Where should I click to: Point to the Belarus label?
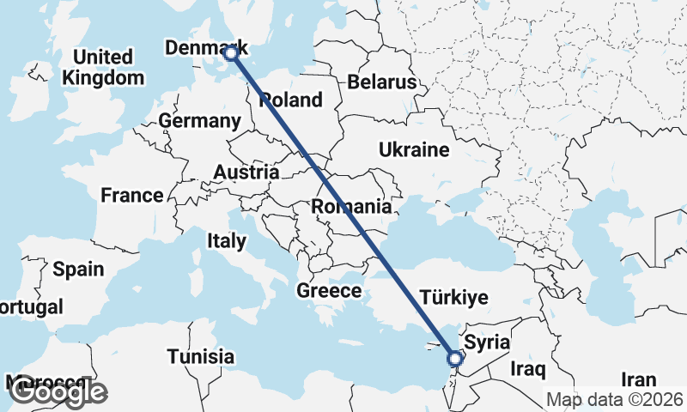[x=382, y=82]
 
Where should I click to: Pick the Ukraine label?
[x=414, y=151]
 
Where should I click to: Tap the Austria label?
[x=246, y=173]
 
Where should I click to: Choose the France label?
[x=131, y=196]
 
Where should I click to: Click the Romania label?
[x=351, y=207]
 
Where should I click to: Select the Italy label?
[x=226, y=242]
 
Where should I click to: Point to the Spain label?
[x=78, y=270]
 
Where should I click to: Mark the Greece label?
[x=329, y=291]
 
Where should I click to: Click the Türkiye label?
[x=454, y=299]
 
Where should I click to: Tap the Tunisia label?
[x=201, y=355]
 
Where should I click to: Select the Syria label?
[x=487, y=343]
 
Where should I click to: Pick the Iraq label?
[x=527, y=370]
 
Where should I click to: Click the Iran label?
[x=638, y=379]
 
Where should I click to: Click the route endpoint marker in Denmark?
[x=231, y=53]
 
